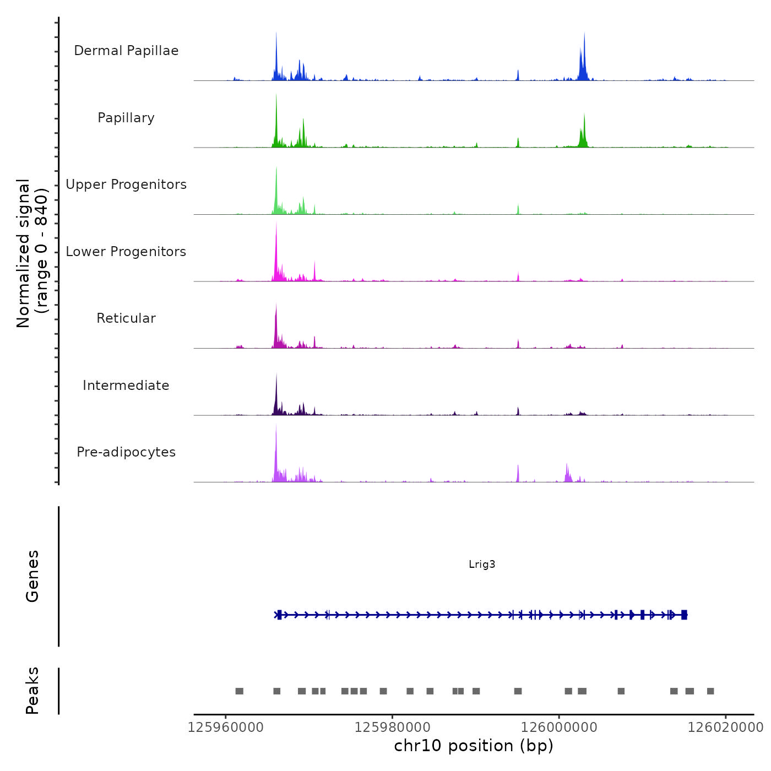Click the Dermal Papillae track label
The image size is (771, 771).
126,51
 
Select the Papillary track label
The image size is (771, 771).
126,118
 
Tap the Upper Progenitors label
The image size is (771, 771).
126,184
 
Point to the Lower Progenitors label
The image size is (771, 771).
126,252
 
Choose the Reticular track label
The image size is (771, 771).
126,318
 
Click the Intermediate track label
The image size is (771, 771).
126,385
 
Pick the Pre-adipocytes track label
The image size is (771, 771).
126,452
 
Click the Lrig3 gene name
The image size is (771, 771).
482,564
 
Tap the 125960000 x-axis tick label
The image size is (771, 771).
225,727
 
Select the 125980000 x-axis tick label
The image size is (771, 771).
392,727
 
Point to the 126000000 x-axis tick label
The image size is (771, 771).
559,727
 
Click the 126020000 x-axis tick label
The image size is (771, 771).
725,727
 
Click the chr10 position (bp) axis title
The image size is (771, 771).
474,746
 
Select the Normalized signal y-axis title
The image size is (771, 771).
32,253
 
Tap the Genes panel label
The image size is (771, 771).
32,576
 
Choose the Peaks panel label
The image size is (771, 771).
32,691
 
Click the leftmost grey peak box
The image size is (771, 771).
239,691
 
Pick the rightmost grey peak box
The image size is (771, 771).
710,691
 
